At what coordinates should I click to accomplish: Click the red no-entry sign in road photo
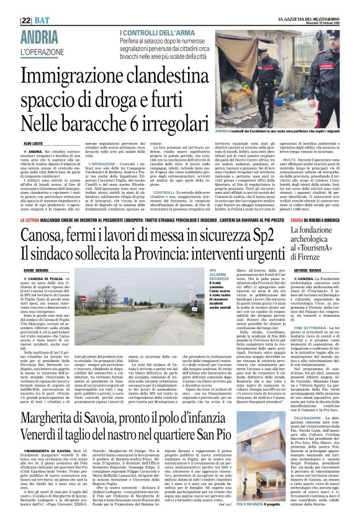click(84, 299)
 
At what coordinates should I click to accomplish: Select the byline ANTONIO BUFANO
click(289, 270)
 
